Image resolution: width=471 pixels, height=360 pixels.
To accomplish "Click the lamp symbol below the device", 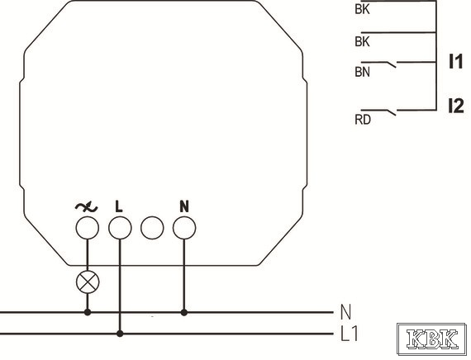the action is coord(88,282).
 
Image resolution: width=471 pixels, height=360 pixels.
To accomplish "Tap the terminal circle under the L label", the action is coord(120,228).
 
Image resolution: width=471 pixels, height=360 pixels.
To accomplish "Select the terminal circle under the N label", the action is coord(184,228).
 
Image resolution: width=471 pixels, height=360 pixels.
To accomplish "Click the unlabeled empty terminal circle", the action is coord(152,228).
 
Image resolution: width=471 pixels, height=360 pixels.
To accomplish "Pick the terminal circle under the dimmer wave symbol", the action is coord(87,228).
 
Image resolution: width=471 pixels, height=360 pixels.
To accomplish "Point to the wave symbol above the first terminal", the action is coord(87,207).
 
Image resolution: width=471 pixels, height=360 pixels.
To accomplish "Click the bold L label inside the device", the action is coord(119,206).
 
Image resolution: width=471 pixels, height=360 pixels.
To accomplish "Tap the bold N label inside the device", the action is coord(184,206).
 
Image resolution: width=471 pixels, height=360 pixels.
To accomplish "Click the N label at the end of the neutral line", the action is coord(345,312).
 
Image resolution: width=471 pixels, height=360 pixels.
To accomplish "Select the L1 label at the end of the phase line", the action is coord(350,334).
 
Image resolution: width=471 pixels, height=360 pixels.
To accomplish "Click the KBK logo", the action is coord(432,339).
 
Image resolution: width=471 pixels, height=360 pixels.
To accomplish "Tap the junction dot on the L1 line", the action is coord(120,334).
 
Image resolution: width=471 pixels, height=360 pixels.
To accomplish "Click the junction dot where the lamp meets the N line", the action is coord(88,313).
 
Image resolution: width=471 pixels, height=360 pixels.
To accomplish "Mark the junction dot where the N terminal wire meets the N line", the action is coord(184,313).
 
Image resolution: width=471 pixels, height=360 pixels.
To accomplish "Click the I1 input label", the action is coord(455,62).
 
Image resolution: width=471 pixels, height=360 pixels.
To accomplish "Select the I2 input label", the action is coord(456,106).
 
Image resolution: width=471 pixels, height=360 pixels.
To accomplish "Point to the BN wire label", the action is coord(362,72).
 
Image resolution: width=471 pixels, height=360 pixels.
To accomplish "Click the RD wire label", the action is coord(363,120).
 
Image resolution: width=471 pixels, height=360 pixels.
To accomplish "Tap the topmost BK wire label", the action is coord(362,9).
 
